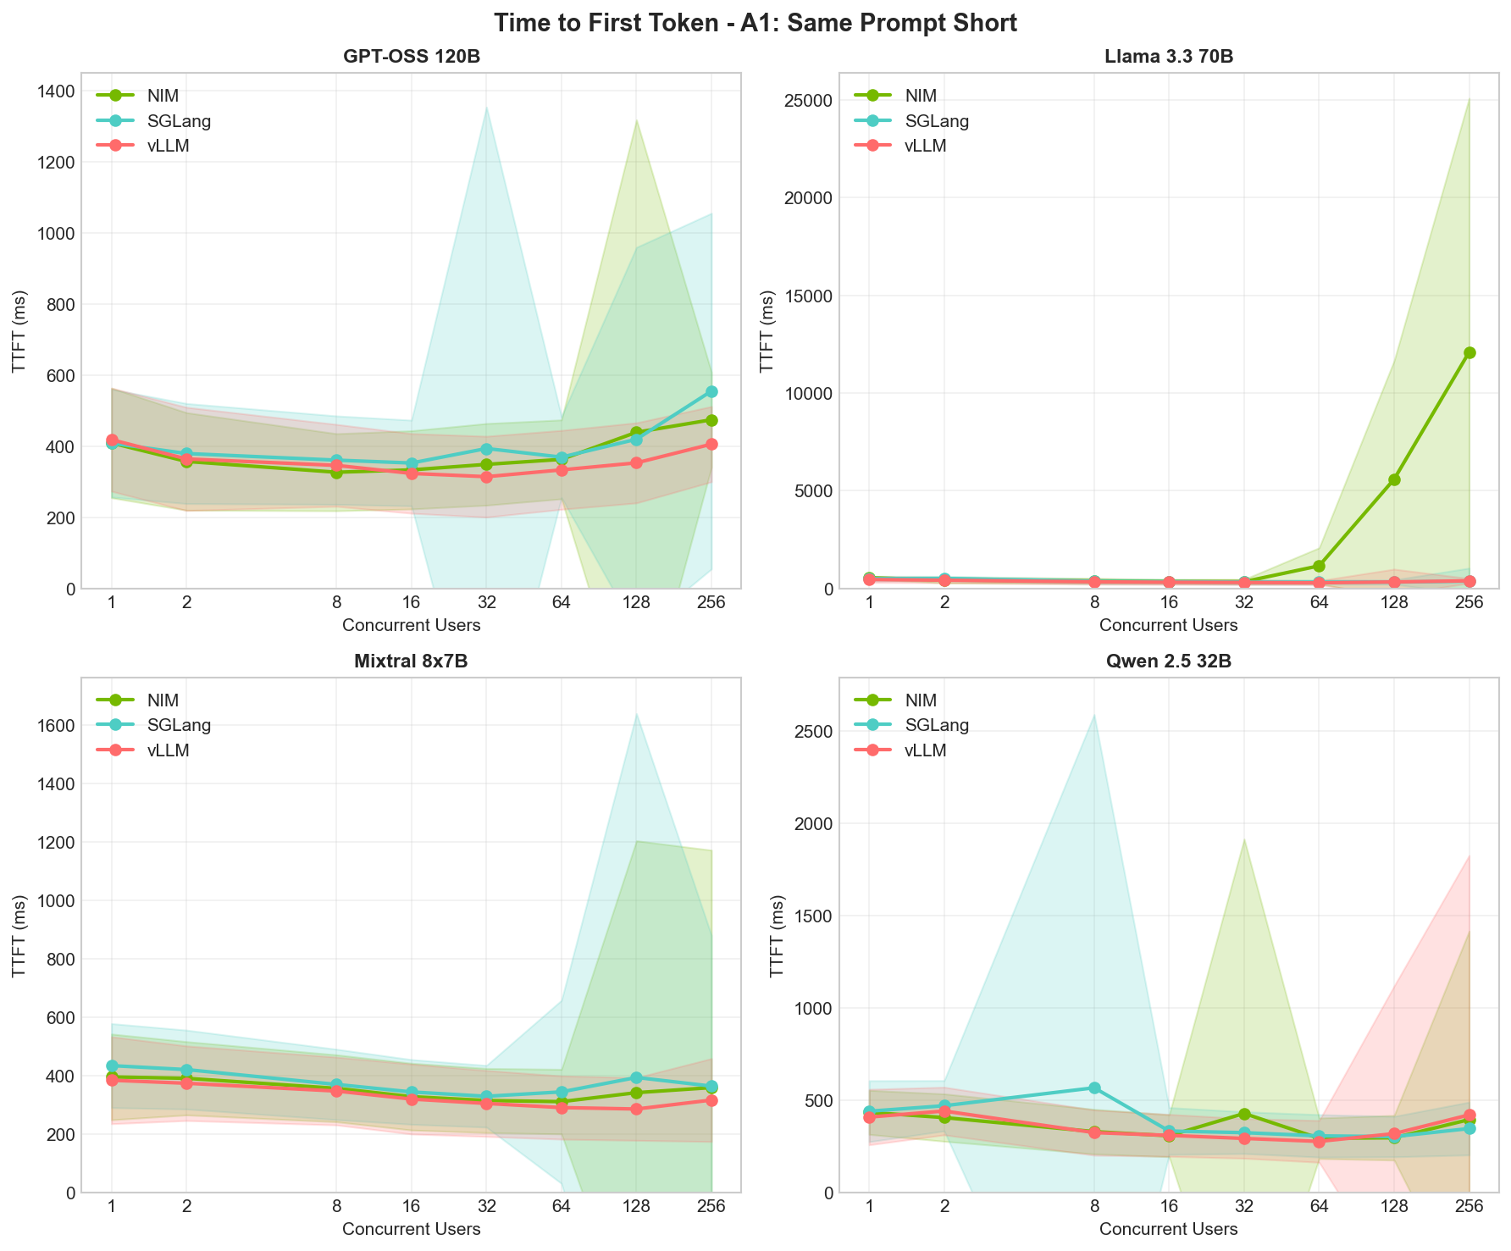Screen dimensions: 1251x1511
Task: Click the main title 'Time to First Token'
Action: click(755, 23)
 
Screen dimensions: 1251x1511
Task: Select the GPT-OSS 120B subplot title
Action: click(412, 58)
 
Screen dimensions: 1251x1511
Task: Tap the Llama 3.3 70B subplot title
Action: click(1168, 58)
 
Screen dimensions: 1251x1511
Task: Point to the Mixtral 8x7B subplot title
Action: click(412, 662)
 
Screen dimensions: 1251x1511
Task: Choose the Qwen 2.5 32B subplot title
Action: click(1168, 662)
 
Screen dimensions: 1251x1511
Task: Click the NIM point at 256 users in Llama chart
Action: click(1469, 352)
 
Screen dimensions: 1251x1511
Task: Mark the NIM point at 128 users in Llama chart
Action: click(1394, 479)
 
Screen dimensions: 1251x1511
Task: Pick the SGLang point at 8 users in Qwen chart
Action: click(1094, 1088)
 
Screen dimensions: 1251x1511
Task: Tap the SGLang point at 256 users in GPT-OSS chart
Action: click(711, 391)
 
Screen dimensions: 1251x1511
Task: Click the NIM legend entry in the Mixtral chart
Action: click(163, 700)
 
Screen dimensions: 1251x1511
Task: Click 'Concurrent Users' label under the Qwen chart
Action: click(1168, 1229)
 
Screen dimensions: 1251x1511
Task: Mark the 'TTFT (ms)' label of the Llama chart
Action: click(767, 330)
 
